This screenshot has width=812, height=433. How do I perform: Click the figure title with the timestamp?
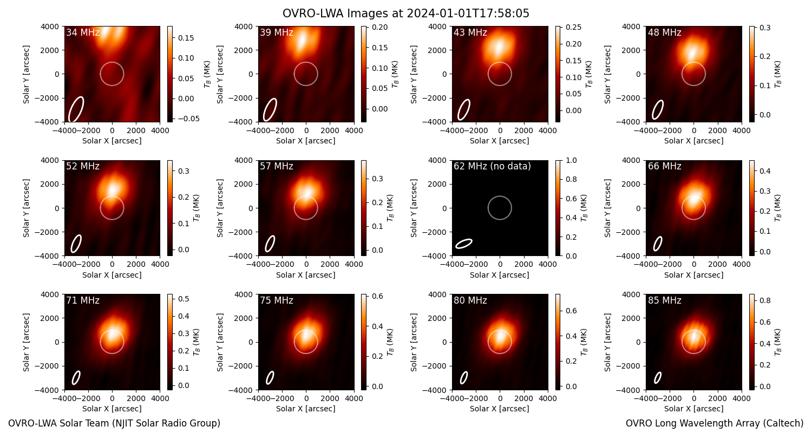(x=405, y=14)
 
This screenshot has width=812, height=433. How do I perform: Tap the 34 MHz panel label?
(x=83, y=32)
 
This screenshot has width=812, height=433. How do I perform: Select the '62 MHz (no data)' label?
(x=492, y=166)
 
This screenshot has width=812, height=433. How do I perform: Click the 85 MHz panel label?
(x=664, y=300)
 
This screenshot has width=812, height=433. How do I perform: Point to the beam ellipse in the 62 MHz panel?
(x=463, y=244)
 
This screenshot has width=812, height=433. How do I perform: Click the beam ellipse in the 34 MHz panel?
(x=76, y=109)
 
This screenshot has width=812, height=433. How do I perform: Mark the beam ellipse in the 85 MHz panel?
(x=658, y=378)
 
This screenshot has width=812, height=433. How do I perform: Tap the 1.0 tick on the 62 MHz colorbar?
(x=572, y=161)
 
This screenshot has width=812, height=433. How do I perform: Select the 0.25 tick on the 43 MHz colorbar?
(x=574, y=27)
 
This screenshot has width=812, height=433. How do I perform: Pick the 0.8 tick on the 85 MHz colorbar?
(x=765, y=300)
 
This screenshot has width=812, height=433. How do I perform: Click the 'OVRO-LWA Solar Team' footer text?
(x=114, y=423)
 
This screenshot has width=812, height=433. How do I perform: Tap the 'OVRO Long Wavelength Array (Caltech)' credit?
(x=715, y=423)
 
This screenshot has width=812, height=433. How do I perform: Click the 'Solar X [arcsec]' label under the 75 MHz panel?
(x=306, y=409)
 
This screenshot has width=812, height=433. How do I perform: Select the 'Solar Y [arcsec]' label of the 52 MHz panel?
(x=26, y=208)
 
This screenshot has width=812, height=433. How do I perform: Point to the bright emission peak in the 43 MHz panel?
(x=500, y=47)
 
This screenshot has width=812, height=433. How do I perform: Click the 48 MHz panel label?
(x=664, y=32)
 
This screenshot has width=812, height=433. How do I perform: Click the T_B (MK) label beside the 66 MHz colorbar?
(x=778, y=208)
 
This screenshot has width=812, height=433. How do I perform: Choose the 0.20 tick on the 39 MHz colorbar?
(x=380, y=27)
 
